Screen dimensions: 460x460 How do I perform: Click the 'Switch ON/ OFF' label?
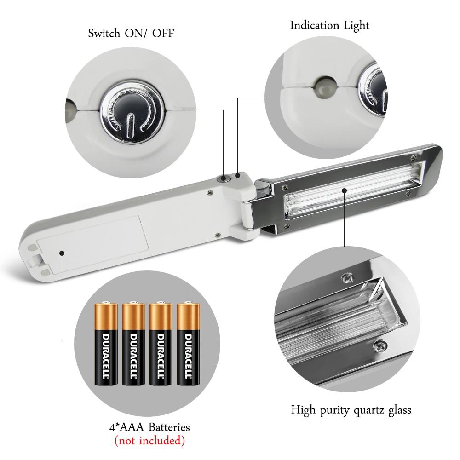[x=131, y=33]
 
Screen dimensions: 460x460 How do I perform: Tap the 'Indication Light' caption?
[x=329, y=25]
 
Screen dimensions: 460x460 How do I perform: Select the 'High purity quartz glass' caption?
[x=351, y=410]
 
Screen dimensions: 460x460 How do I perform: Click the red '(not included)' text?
[x=149, y=441]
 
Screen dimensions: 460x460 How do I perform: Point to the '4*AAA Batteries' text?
[x=149, y=427]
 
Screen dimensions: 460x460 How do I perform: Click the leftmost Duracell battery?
[x=106, y=344]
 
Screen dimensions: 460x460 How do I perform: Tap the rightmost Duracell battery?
[x=188, y=344]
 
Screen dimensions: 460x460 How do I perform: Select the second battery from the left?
[x=133, y=344]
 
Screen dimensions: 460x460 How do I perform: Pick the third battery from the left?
[x=161, y=344]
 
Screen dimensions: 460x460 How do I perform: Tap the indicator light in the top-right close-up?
[x=325, y=86]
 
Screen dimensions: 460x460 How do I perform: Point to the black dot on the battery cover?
[x=61, y=253]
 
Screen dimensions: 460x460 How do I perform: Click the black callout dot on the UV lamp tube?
[x=345, y=191]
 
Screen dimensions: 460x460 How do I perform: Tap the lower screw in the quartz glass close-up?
[x=380, y=346]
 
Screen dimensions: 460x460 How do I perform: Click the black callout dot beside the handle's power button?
[x=238, y=175]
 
